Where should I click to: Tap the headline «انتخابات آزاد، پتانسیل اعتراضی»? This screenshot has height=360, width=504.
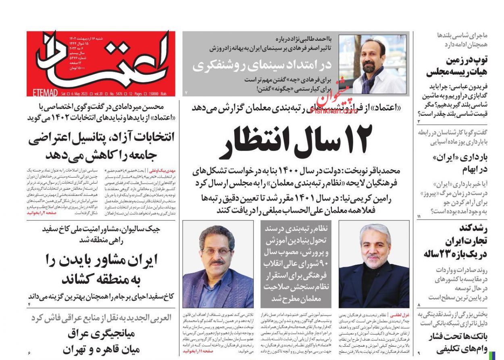click(x=101, y=146)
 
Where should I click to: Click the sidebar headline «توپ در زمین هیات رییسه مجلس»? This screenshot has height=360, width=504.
click(x=457, y=67)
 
